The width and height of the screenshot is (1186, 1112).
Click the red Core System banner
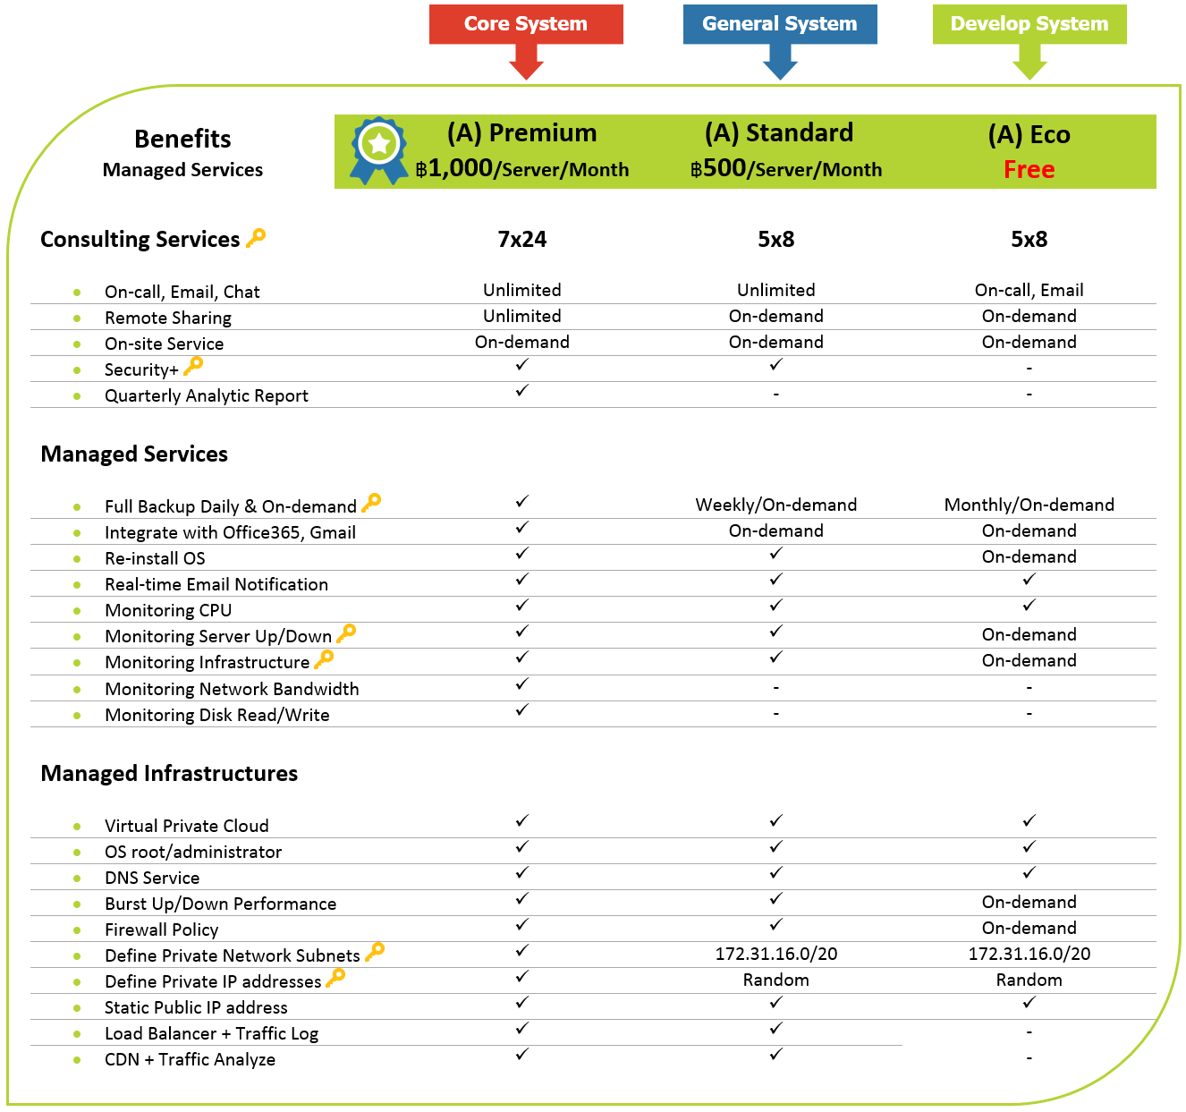(x=526, y=24)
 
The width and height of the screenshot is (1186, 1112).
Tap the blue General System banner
(x=780, y=24)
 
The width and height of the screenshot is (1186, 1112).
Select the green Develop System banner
(x=1029, y=24)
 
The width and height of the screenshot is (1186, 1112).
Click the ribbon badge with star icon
(x=378, y=150)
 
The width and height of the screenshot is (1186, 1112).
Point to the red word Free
(x=1029, y=170)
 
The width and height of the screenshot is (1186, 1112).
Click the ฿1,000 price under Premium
(x=454, y=168)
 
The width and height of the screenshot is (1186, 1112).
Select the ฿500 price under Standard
(x=718, y=168)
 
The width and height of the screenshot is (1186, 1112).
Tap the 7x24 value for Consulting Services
(x=522, y=239)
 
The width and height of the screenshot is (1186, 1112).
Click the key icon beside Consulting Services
(x=256, y=238)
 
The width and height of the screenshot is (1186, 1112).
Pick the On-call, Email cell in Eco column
(x=1029, y=291)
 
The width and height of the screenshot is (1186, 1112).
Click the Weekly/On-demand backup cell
(x=775, y=505)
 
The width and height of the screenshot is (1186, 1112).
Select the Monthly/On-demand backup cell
(x=1029, y=505)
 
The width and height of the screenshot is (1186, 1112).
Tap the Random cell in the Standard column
(x=775, y=980)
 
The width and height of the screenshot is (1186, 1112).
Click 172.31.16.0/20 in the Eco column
(x=1029, y=954)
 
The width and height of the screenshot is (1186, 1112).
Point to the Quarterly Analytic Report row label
(x=206, y=395)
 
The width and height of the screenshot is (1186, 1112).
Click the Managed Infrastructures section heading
(x=169, y=773)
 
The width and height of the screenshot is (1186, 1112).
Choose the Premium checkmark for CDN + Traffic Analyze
(x=522, y=1054)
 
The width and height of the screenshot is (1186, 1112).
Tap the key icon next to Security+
(x=193, y=366)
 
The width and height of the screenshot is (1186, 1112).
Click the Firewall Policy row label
(x=161, y=929)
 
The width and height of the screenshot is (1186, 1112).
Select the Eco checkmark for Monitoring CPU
(x=1029, y=606)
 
